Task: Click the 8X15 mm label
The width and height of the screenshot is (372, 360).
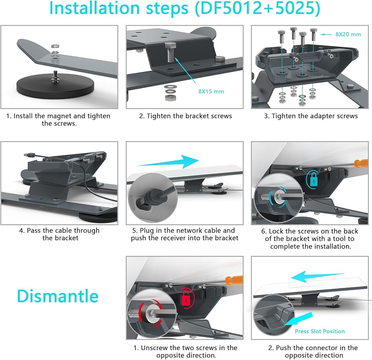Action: click(211, 92)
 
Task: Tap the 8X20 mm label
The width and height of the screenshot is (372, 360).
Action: click(348, 34)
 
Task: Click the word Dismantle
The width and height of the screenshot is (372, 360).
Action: click(58, 296)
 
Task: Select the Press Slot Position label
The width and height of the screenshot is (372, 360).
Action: click(320, 331)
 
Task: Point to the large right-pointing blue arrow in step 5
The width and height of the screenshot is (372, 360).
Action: click(168, 162)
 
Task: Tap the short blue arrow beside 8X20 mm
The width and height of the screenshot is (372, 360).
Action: click(326, 35)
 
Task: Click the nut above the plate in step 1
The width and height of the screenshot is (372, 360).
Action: click(55, 46)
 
